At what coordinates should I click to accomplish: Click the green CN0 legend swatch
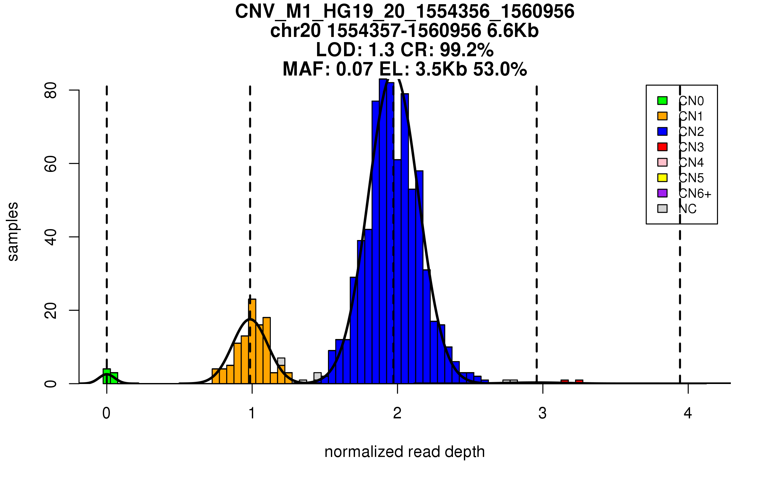click(x=662, y=101)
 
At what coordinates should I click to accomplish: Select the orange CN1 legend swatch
click(x=662, y=116)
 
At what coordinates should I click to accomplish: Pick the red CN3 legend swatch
click(x=662, y=147)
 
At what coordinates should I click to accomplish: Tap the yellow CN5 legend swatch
click(x=662, y=178)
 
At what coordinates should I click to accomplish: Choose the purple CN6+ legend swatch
click(x=662, y=193)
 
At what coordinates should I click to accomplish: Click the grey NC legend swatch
click(x=662, y=209)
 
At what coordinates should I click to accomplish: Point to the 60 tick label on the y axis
click(x=51, y=164)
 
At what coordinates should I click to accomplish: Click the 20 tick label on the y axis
click(x=51, y=310)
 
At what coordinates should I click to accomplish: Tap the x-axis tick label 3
click(x=543, y=413)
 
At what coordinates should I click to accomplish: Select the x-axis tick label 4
click(x=688, y=413)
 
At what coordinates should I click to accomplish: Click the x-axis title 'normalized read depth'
click(x=404, y=452)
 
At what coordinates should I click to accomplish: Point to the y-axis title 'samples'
click(x=13, y=232)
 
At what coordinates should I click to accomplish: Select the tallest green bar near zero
click(x=107, y=376)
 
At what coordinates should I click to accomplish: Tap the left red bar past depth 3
click(x=564, y=382)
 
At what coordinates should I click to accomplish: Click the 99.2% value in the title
click(x=466, y=50)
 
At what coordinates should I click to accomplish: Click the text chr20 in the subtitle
click(x=295, y=31)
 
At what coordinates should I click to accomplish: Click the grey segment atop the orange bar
click(x=281, y=362)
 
